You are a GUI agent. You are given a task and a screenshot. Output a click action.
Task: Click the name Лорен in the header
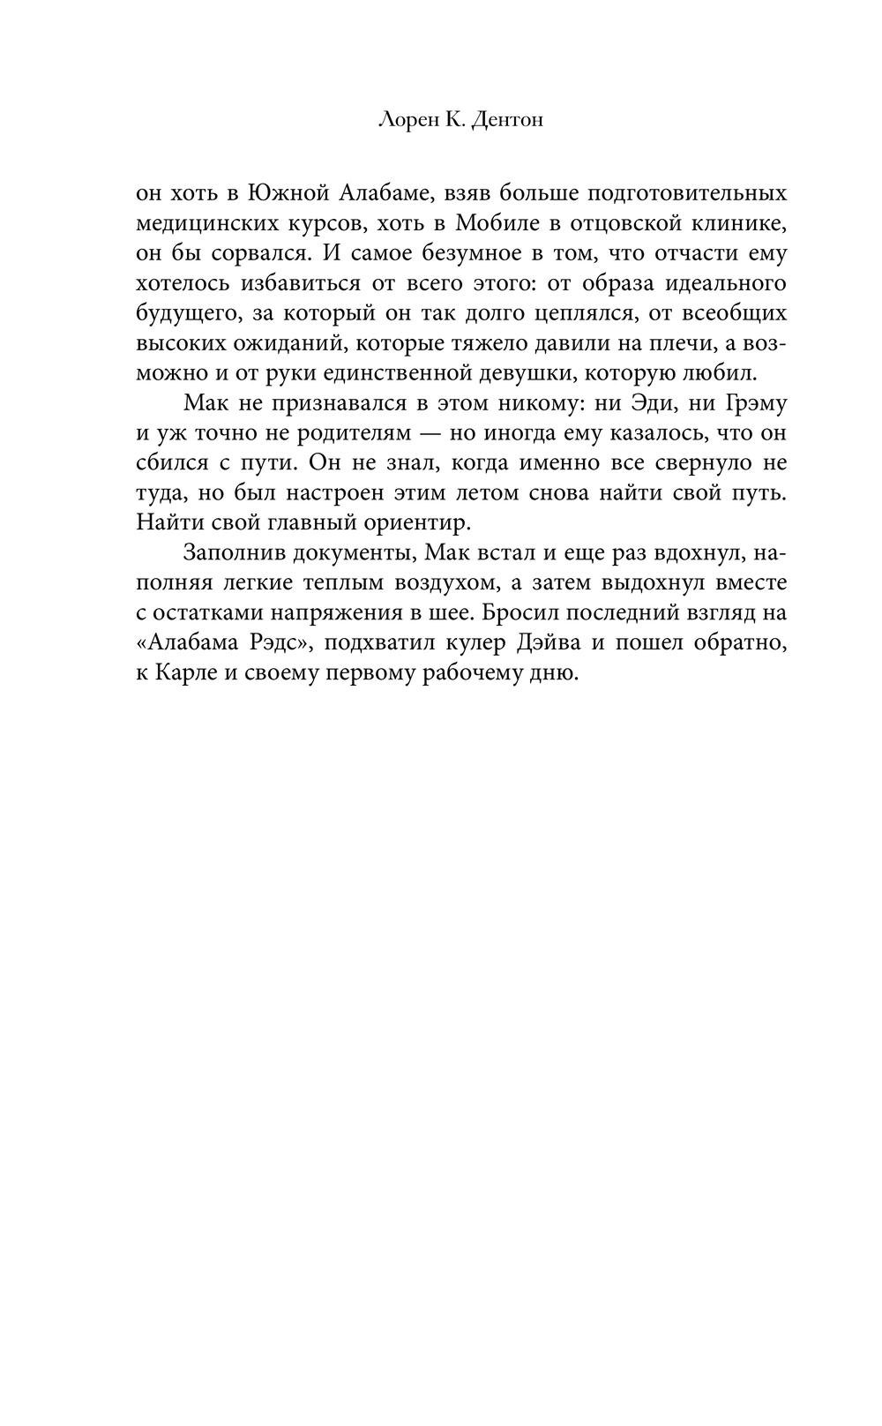403,120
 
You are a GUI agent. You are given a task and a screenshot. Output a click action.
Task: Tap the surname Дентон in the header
507,120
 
